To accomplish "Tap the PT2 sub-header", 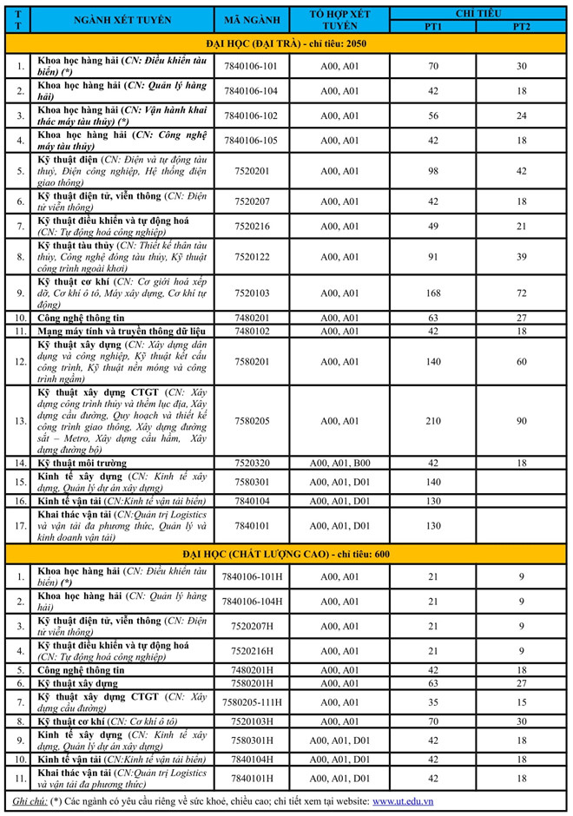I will (521, 27).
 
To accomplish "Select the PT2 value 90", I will (521, 421).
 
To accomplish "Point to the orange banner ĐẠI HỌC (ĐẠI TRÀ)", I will (286, 43).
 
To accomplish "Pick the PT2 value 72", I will (521, 293).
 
